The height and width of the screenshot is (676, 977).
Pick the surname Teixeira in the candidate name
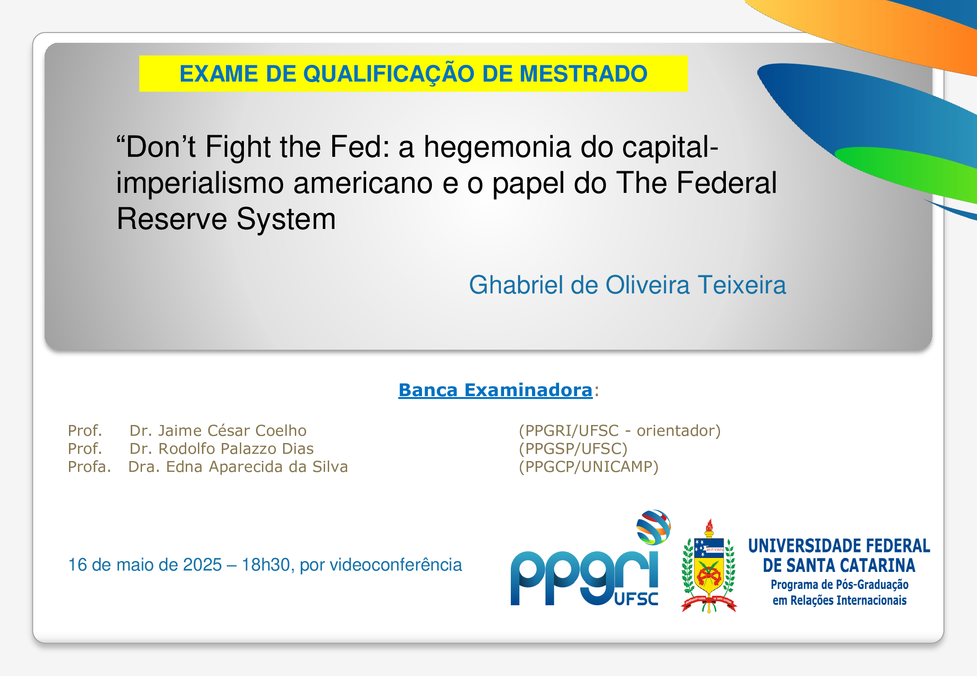coord(742,285)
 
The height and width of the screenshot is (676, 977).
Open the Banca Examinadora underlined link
coord(495,390)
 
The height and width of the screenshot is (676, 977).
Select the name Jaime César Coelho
coord(232,430)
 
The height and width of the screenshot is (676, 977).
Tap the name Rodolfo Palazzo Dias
coord(236,448)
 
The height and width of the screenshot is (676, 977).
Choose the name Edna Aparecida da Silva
coord(257,467)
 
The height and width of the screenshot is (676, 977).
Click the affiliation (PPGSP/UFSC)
coord(573,449)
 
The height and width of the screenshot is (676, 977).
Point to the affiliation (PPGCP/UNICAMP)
coord(589,467)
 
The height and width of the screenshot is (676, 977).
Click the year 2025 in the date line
coord(202,565)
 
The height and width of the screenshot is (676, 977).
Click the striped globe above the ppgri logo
coord(653,527)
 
